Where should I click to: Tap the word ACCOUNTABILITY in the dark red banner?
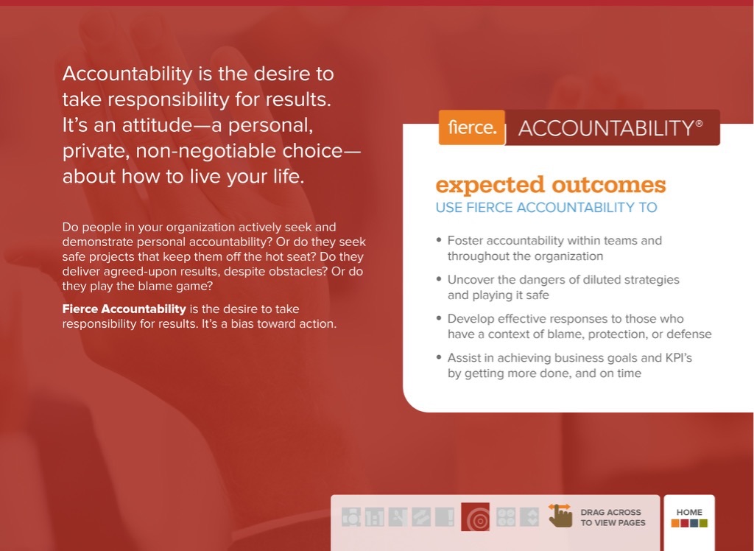click(x=605, y=128)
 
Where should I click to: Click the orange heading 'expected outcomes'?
click(x=550, y=184)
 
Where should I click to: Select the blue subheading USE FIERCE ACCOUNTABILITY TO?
click(x=546, y=208)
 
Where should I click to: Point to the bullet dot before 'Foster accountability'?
click(x=439, y=240)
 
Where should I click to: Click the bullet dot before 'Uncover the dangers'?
click(x=439, y=280)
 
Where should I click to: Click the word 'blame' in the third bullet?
click(x=593, y=334)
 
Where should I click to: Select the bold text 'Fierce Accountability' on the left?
click(x=124, y=309)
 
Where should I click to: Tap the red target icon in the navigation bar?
click(x=475, y=518)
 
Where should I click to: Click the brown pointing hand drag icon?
click(x=560, y=516)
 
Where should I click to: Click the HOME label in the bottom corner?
click(x=689, y=512)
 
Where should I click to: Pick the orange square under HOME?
click(x=675, y=524)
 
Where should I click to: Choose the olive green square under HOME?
click(x=703, y=524)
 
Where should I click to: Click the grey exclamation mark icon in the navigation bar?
click(x=445, y=517)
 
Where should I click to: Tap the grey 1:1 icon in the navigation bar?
click(x=374, y=518)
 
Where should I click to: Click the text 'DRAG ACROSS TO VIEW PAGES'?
click(x=612, y=517)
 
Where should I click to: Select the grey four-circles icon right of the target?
click(x=506, y=517)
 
